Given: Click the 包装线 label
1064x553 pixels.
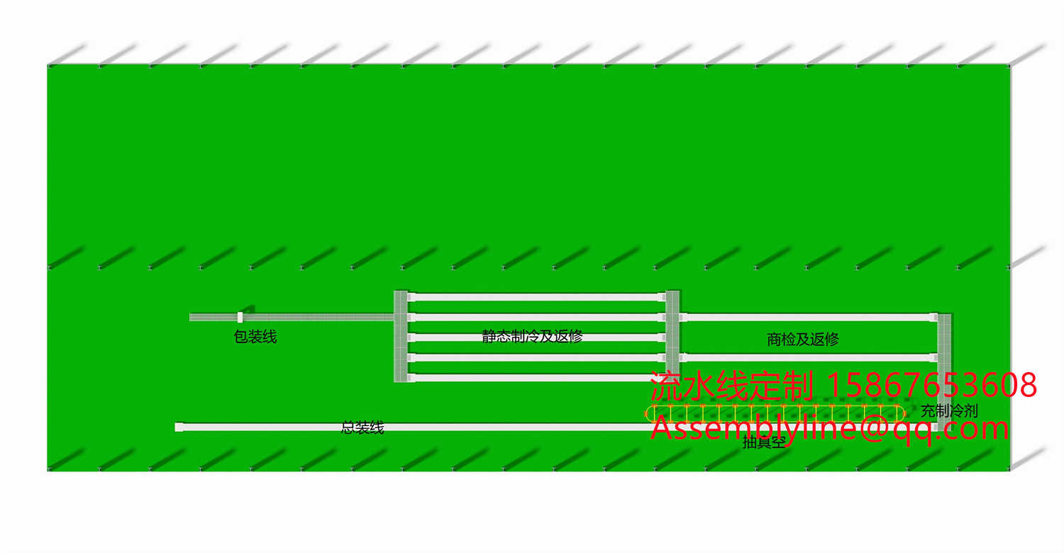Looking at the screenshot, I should click(255, 337).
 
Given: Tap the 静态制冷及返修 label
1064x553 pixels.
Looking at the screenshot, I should click(532, 336).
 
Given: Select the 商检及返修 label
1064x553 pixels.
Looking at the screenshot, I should click(803, 340).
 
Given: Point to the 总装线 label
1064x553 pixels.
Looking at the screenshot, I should click(362, 428).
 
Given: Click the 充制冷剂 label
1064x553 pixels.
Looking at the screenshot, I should click(949, 411).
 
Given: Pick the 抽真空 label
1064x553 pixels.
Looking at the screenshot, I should click(764, 444).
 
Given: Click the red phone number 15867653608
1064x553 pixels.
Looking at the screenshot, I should click(931, 386).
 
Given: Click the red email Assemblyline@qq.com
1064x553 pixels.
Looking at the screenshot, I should click(830, 428).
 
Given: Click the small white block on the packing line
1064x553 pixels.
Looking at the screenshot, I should click(240, 317).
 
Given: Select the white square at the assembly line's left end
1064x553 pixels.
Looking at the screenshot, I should click(179, 427).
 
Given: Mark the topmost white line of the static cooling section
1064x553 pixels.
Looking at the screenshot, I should click(536, 296).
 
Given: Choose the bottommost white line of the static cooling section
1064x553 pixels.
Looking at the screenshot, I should click(536, 378).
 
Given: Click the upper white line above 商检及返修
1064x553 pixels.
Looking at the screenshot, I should click(809, 317).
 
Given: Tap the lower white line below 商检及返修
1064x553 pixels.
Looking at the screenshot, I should click(809, 357).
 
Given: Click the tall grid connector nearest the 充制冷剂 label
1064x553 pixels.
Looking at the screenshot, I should click(944, 369).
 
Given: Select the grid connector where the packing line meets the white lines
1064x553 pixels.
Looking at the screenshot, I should click(401, 336).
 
